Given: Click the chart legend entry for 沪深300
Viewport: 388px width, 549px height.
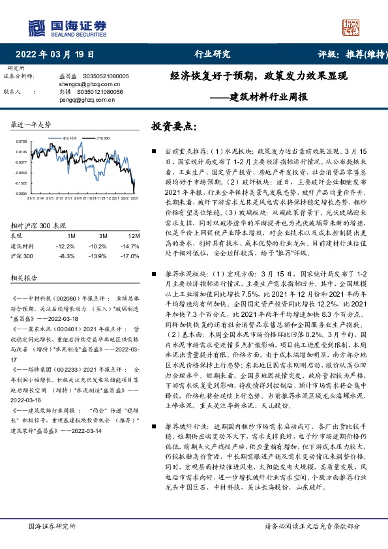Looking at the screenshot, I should click(x=102, y=139).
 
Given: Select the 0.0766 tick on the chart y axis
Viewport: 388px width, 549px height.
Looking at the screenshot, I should click(x=21, y=141).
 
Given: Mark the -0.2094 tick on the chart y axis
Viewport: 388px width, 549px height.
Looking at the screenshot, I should click(x=21, y=194).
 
